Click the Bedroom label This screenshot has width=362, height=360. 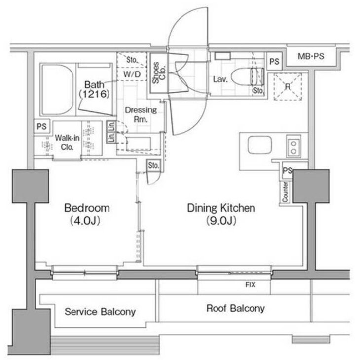(87, 208)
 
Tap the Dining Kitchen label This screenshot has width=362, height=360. (221, 208)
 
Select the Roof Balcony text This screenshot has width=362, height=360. (235, 309)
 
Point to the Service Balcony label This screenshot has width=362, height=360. (100, 312)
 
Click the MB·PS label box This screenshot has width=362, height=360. (311, 57)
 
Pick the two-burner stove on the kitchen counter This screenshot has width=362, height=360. (293, 145)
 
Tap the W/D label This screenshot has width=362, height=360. (131, 74)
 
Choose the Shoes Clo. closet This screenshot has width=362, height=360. (157, 72)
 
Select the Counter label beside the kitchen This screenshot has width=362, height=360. (286, 192)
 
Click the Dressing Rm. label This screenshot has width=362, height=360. (134, 114)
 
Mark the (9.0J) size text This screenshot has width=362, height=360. (221, 220)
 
